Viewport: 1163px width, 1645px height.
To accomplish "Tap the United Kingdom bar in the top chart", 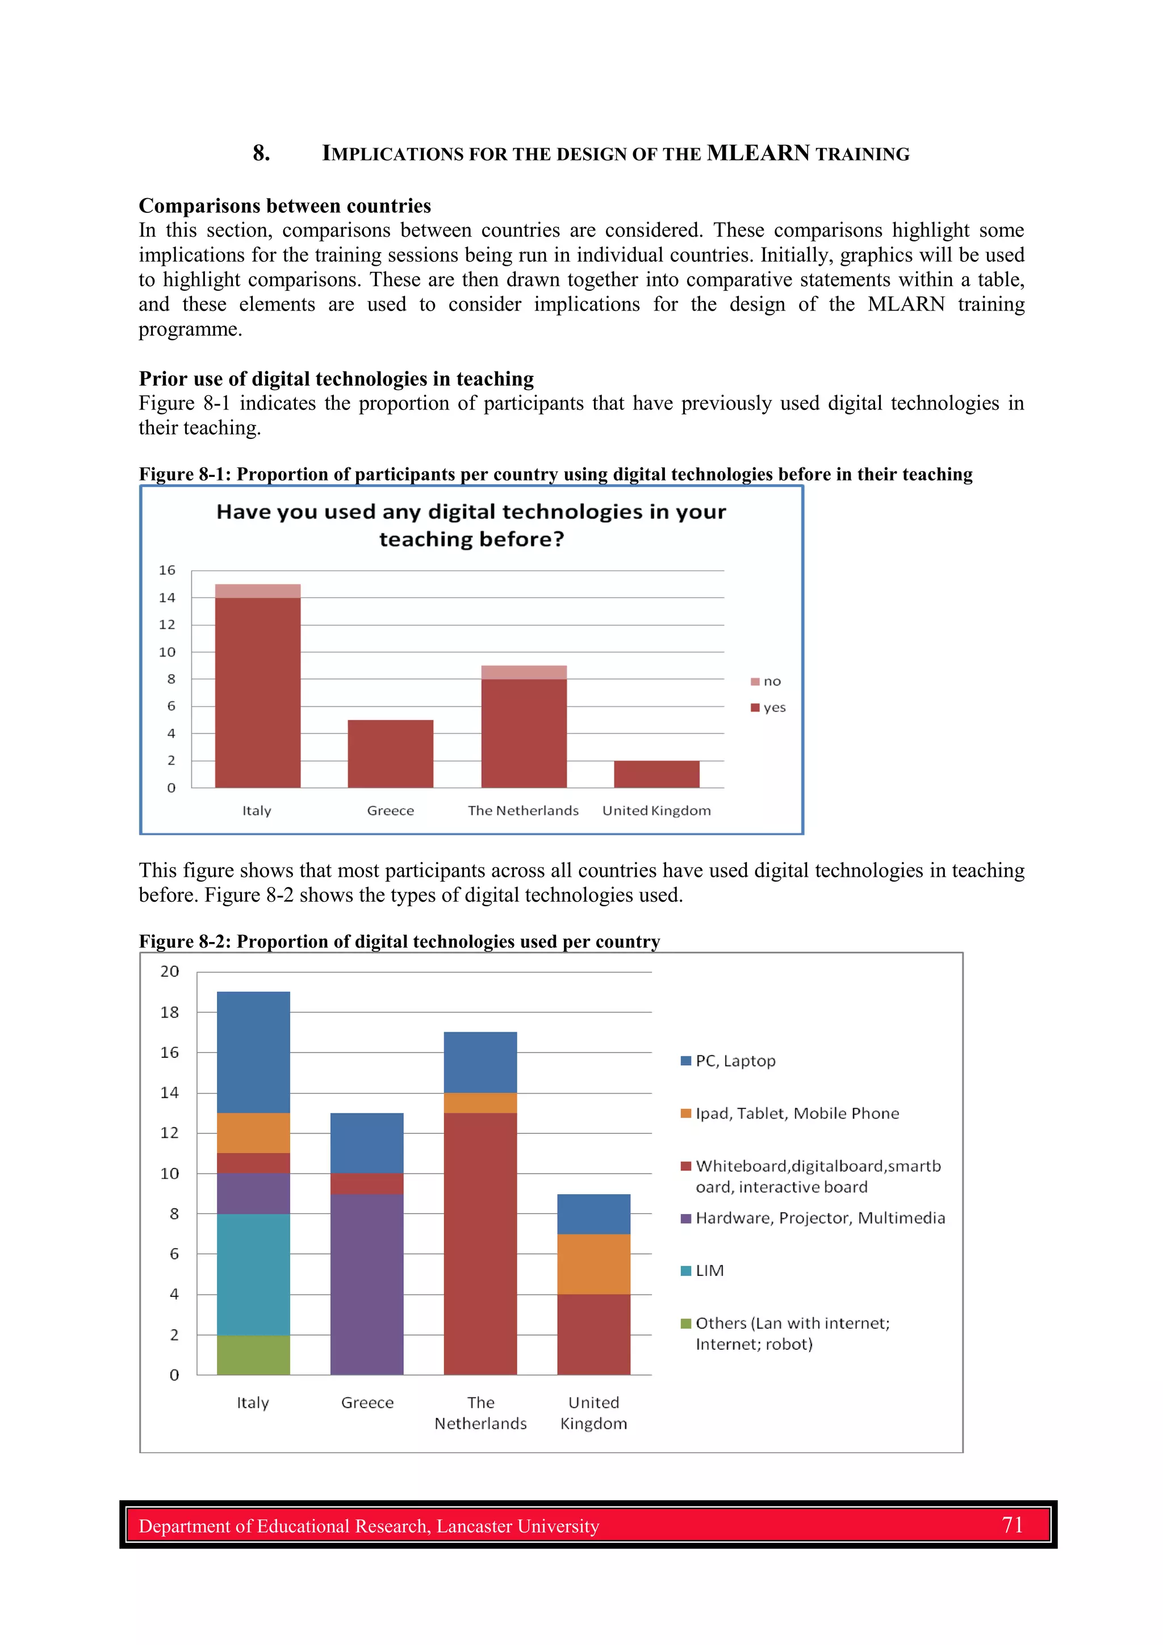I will click(x=656, y=774).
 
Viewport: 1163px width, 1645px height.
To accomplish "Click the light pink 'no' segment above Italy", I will click(x=257, y=591).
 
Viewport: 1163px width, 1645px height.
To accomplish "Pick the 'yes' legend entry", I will click(x=768, y=708).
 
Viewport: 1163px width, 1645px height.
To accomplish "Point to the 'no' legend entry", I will click(x=766, y=681).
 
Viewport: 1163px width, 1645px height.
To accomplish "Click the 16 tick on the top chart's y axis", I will click(x=167, y=570).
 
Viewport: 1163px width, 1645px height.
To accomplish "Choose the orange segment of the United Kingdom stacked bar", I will click(x=593, y=1264).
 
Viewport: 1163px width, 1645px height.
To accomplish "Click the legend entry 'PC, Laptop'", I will click(x=728, y=1061).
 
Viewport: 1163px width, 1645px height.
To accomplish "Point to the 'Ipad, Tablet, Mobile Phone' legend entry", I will click(x=790, y=1114).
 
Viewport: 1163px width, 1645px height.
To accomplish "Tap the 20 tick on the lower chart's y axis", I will click(x=170, y=972).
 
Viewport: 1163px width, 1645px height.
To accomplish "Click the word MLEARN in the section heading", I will click(x=758, y=153).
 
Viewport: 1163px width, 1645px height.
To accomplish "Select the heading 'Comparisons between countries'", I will click(x=285, y=206).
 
